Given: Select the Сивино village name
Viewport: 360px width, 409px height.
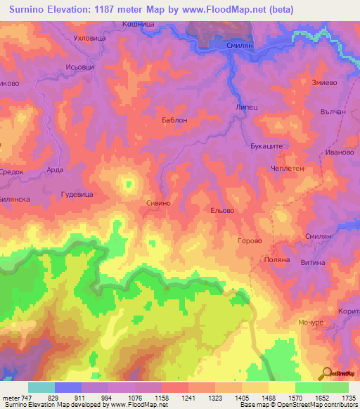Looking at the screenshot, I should (x=158, y=202).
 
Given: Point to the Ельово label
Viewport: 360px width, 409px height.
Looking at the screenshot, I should (x=221, y=210).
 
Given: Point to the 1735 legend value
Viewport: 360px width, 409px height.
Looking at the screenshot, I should (x=347, y=398).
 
